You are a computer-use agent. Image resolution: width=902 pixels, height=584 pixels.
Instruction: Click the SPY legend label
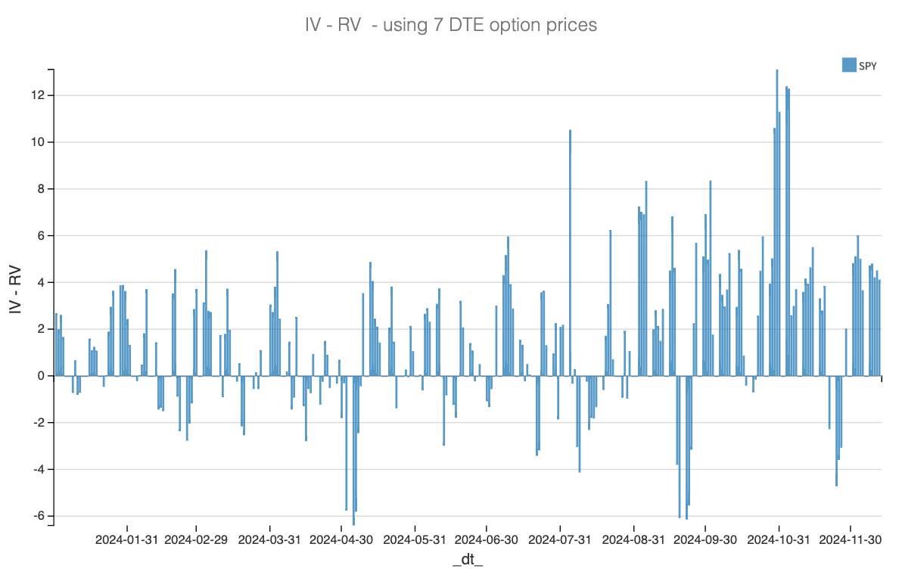click(x=868, y=66)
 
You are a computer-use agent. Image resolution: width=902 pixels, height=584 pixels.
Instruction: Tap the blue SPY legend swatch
click(x=849, y=65)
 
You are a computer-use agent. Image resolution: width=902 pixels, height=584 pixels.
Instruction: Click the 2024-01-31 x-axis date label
click(x=127, y=540)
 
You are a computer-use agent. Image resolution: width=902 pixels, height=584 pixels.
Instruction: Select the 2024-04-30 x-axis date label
click(x=341, y=540)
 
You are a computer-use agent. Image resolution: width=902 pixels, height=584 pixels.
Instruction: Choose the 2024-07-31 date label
click(x=560, y=540)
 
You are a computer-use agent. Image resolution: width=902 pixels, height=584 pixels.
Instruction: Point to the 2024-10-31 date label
click(x=779, y=540)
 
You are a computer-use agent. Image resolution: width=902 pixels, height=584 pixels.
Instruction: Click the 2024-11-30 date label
click(x=851, y=540)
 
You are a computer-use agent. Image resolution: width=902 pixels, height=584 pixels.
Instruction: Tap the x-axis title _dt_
click(x=468, y=561)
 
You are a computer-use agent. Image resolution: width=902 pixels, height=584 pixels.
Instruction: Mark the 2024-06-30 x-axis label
click(x=487, y=540)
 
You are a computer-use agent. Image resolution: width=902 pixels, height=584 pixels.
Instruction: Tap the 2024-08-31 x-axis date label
click(x=633, y=540)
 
